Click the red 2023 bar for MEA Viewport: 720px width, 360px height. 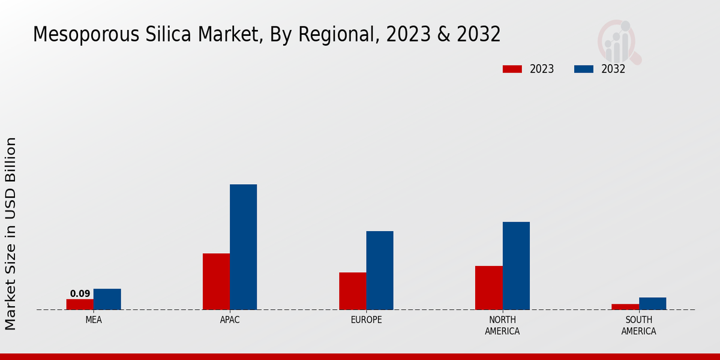[x=80, y=304]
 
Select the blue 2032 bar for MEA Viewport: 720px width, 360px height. [x=107, y=299]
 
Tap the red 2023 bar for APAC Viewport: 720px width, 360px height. [x=216, y=281]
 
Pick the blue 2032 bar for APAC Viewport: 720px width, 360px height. [x=243, y=247]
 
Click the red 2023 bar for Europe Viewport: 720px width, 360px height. [x=352, y=291]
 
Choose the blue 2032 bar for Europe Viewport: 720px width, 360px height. [x=380, y=270]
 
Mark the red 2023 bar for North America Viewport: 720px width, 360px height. [x=488, y=287]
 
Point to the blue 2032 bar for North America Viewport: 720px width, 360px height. [x=516, y=266]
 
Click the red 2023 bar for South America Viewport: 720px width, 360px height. [x=625, y=307]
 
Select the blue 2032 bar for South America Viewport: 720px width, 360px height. [x=652, y=304]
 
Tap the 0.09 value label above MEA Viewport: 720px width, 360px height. [x=80, y=294]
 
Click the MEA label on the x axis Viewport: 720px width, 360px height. [x=94, y=320]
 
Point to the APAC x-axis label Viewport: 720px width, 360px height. [x=230, y=320]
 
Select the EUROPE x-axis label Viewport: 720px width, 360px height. [x=366, y=320]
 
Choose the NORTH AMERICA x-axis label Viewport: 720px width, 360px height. [x=502, y=326]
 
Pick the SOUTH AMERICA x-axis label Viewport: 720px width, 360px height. [x=638, y=326]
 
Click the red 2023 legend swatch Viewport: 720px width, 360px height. [x=512, y=69]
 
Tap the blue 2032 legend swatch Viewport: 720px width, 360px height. [x=583, y=69]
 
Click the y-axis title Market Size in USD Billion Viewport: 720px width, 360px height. [x=11, y=234]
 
